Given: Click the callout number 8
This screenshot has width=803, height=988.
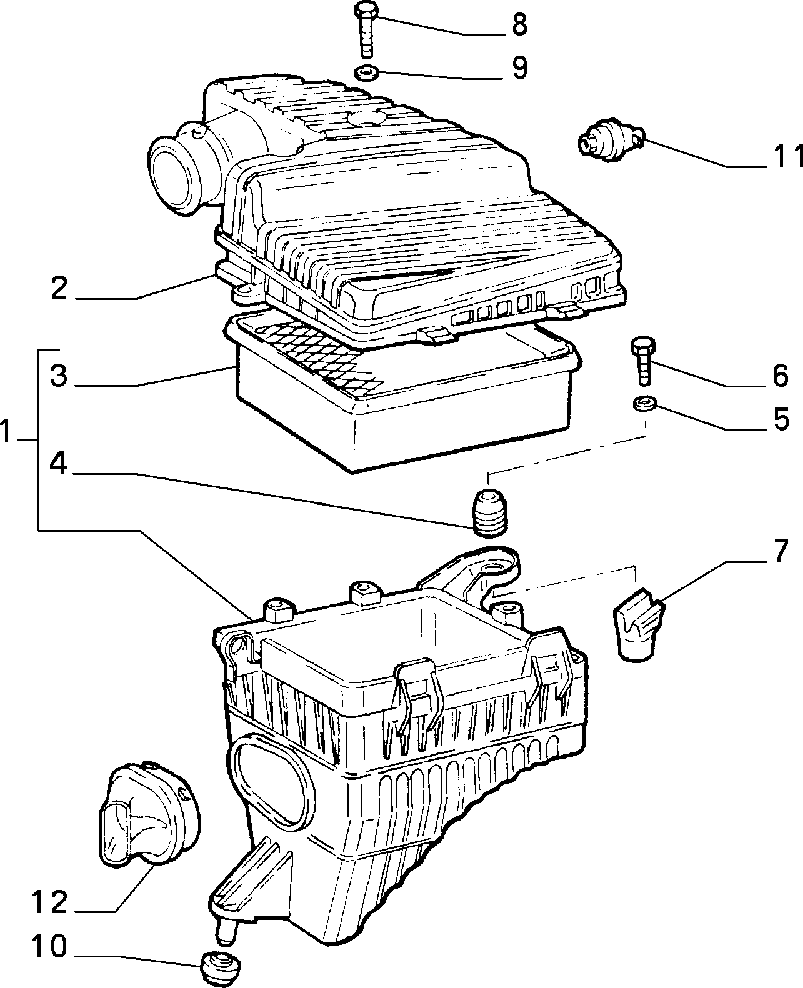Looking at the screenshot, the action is pyautogui.click(x=519, y=25).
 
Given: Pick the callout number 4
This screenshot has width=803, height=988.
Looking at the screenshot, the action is pyautogui.click(x=59, y=464).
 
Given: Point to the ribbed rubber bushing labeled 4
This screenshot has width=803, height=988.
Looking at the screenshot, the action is pyautogui.click(x=490, y=512).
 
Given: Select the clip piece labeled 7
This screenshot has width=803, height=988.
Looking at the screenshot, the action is pyautogui.click(x=639, y=624).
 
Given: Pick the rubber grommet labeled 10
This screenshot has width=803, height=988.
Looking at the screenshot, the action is pyautogui.click(x=221, y=967).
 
